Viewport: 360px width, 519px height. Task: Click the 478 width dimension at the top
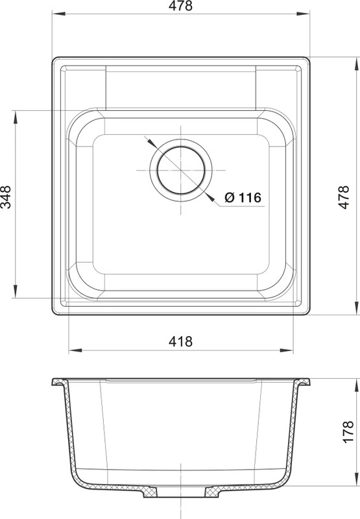(180, 6)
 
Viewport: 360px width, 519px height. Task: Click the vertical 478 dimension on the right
(344, 197)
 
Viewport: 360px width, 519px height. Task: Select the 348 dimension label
(6, 197)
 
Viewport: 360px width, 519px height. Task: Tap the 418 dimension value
(180, 341)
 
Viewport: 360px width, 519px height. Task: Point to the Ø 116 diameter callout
(243, 198)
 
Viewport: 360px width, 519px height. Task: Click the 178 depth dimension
(348, 432)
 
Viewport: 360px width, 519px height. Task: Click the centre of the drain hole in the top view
(181, 170)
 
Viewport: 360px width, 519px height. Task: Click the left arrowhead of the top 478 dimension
(58, 14)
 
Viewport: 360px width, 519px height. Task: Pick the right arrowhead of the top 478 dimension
(303, 14)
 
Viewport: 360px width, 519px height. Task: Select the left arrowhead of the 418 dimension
(75, 350)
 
